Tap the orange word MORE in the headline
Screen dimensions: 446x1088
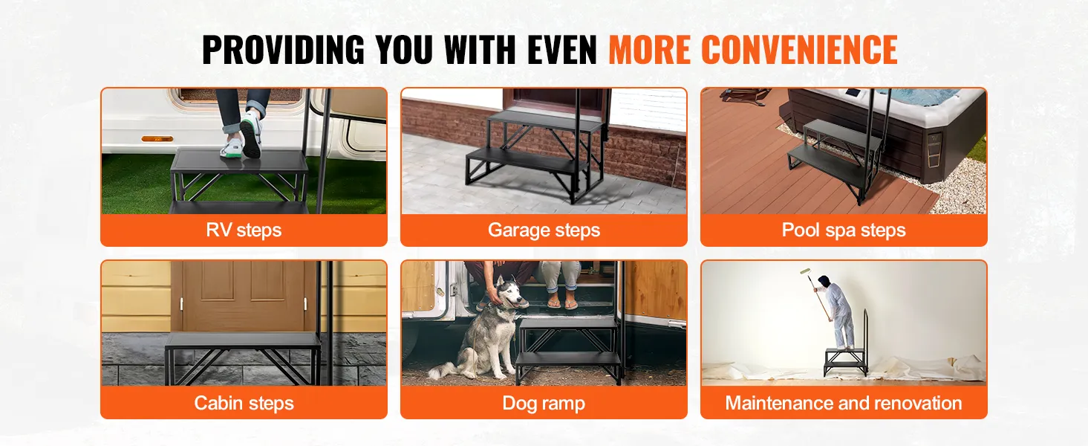click(x=650, y=50)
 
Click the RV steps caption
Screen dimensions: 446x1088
click(x=244, y=230)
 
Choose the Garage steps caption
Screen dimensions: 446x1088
click(x=544, y=230)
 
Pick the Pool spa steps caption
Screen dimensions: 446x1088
click(x=844, y=230)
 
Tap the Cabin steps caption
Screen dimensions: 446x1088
click(x=244, y=403)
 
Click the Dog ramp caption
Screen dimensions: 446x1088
click(x=544, y=404)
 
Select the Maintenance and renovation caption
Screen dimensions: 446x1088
click(x=844, y=403)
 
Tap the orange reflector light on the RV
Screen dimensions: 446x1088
click(x=157, y=139)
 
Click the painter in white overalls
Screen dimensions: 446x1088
click(x=841, y=308)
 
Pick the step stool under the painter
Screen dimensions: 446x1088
click(x=845, y=361)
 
